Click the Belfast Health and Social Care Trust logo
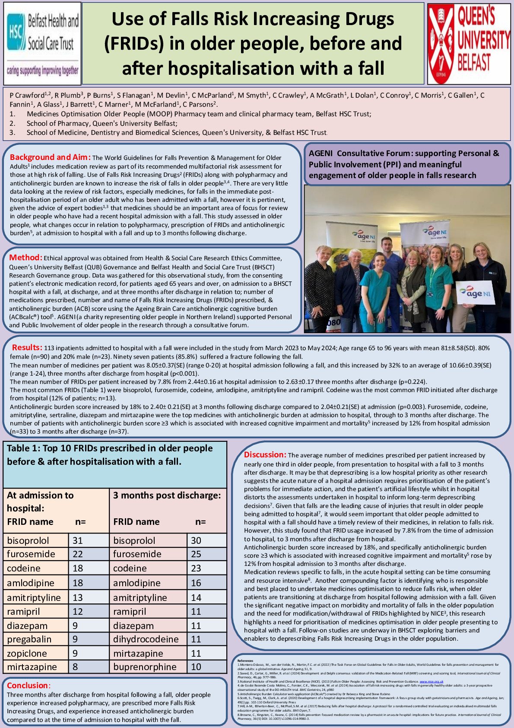(42, 43)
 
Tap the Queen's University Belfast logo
(469, 43)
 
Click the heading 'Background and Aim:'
(50, 157)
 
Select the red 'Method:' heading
(26, 258)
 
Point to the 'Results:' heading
(27, 348)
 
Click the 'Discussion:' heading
(265, 455)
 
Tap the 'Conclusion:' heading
(29, 686)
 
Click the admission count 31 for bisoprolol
(78, 540)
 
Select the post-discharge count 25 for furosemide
(196, 554)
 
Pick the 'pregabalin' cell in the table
(29, 639)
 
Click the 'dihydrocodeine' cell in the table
(146, 639)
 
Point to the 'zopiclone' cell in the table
(27, 653)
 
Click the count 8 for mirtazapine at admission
(75, 667)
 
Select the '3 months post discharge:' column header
(167, 495)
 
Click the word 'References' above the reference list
(245, 661)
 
